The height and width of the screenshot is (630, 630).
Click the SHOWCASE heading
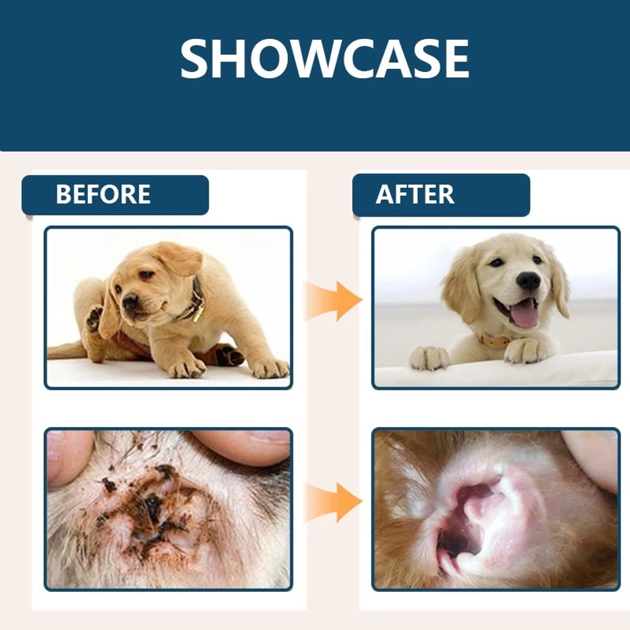tap(325, 58)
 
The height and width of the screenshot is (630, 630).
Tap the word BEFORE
tap(103, 194)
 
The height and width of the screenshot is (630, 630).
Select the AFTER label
tap(415, 194)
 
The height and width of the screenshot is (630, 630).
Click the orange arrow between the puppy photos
tap(334, 300)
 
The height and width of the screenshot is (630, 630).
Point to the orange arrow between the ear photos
tap(334, 502)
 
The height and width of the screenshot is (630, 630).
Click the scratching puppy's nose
tap(130, 300)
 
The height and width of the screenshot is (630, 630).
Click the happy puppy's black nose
tap(528, 280)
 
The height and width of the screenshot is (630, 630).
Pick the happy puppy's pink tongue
tap(524, 314)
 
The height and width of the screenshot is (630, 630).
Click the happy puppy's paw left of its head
tap(429, 357)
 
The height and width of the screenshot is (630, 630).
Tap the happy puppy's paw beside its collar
tap(527, 350)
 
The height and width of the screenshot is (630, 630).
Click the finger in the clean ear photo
tap(591, 458)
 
